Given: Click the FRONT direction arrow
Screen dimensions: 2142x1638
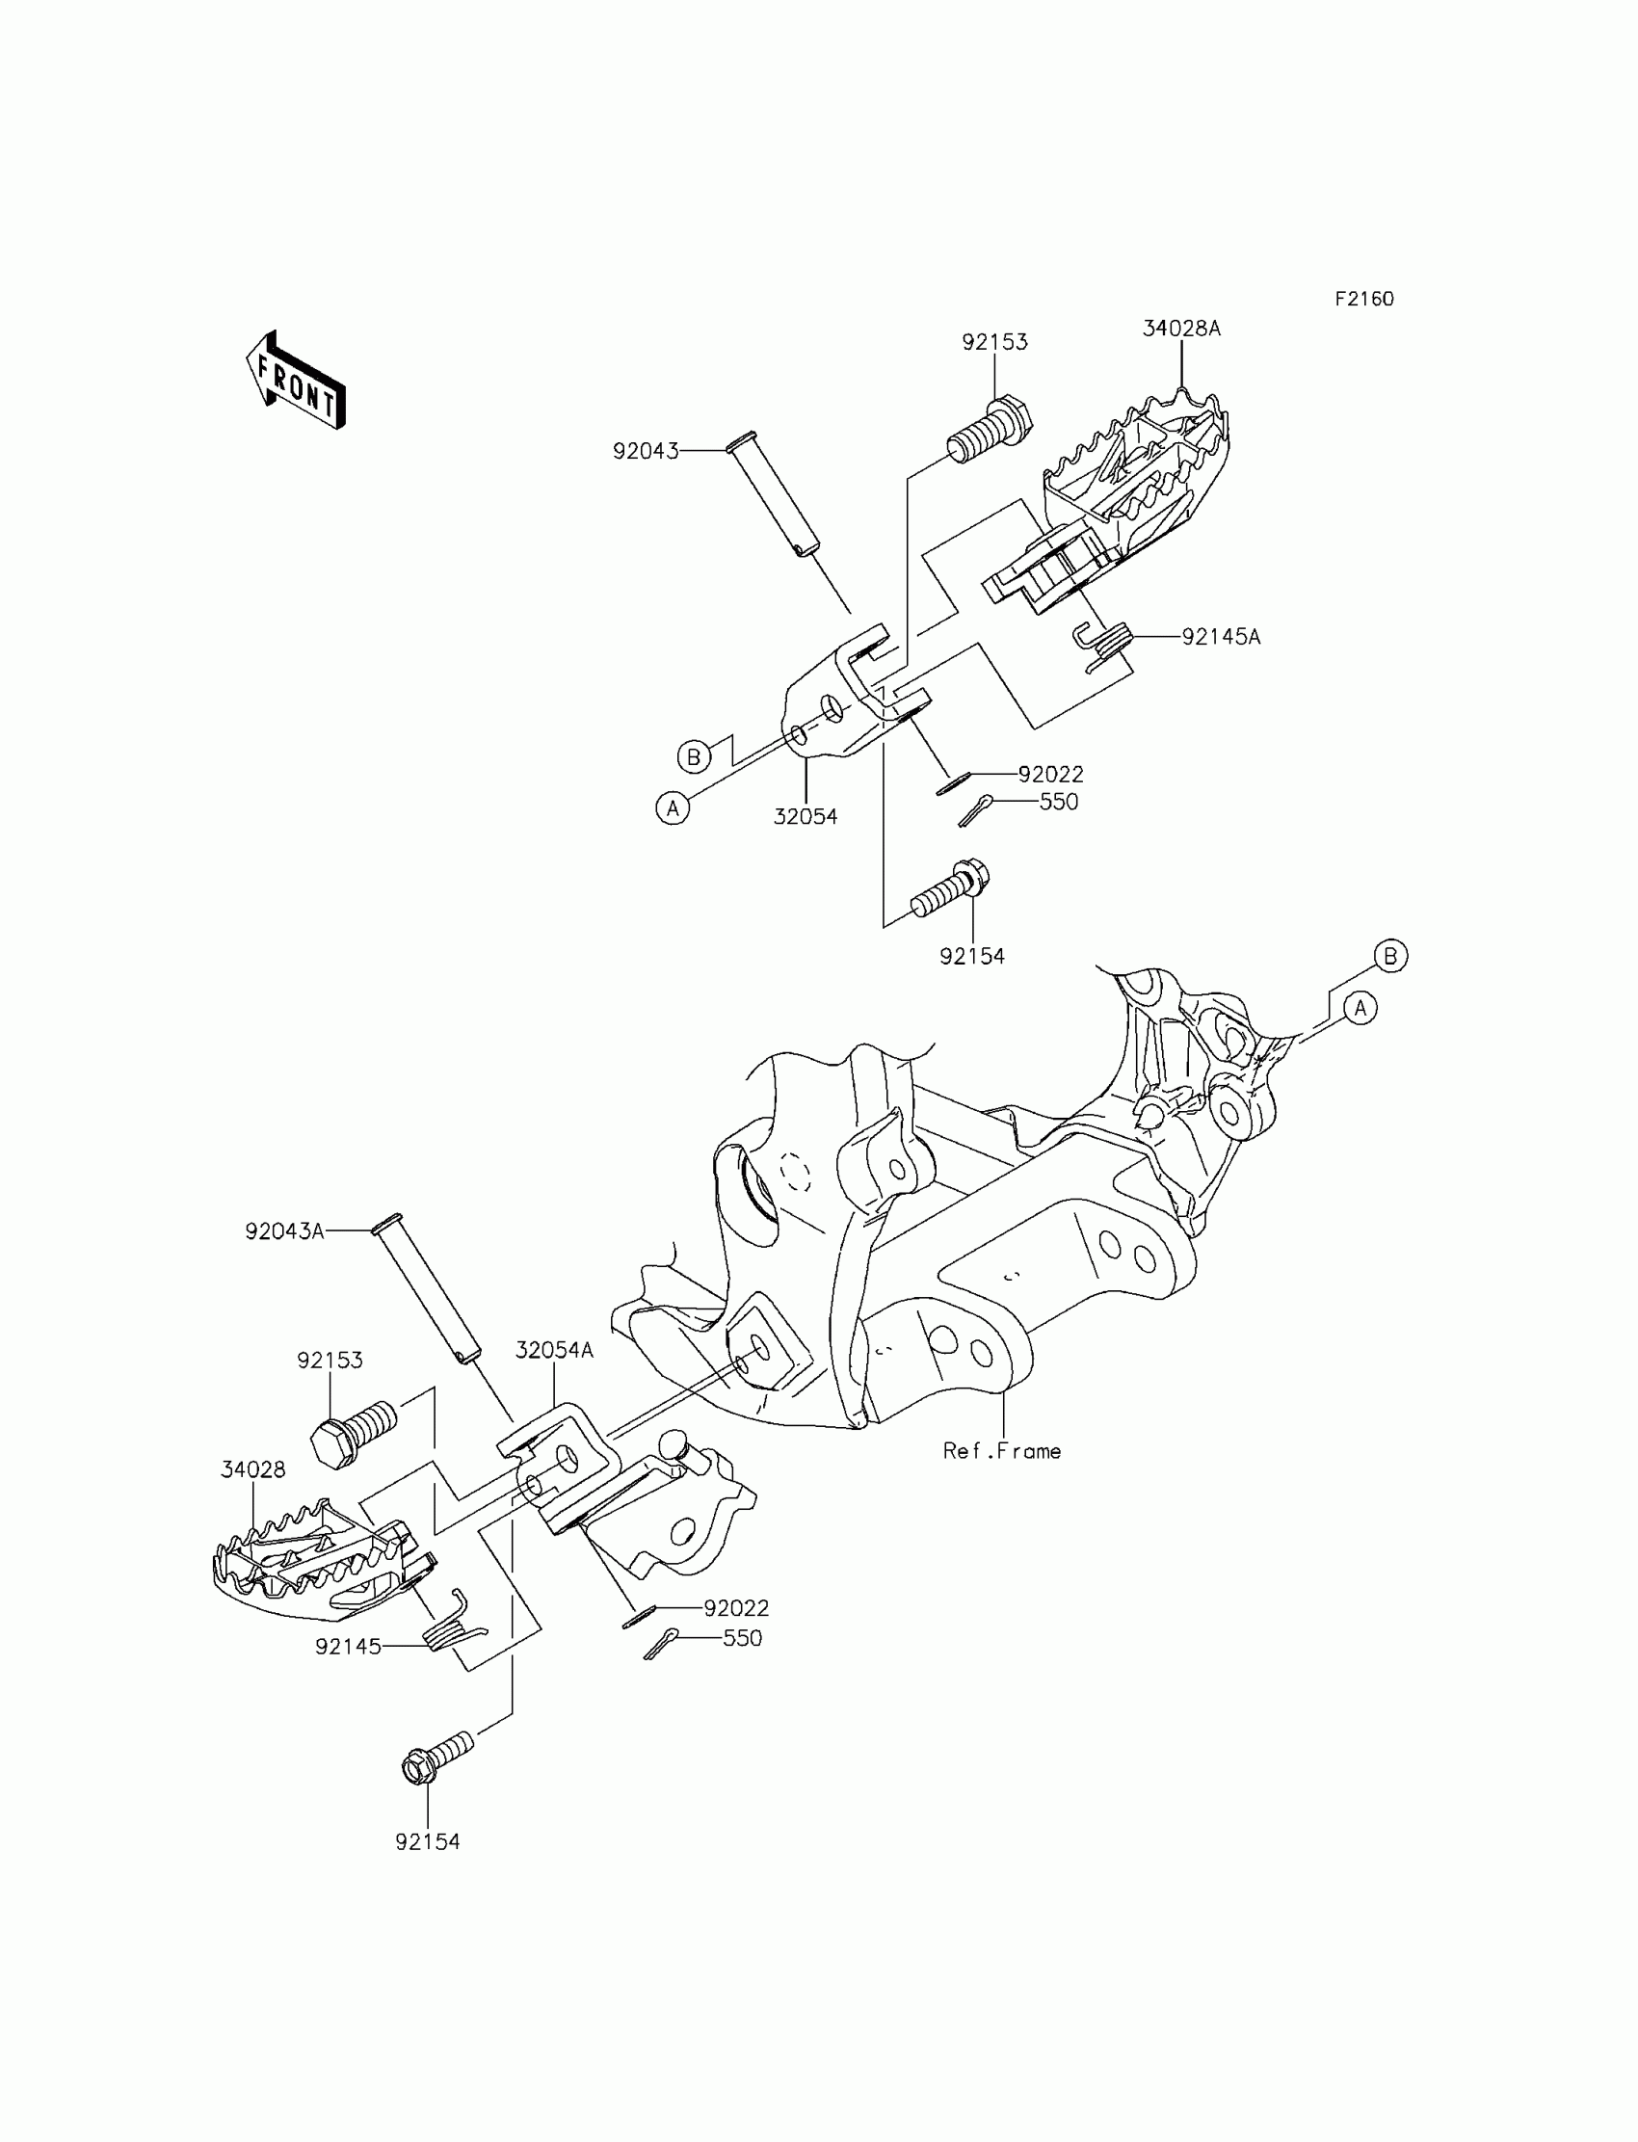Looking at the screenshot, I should click(x=296, y=381).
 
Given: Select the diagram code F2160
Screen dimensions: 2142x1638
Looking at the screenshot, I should click(x=1364, y=300).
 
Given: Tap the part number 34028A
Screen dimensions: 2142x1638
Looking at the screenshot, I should click(x=1180, y=329).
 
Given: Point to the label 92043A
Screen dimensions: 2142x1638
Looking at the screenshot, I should click(x=283, y=1231).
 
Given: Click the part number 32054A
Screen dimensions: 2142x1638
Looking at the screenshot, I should click(x=554, y=1350).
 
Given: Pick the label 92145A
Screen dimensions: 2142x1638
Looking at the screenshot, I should click(x=1221, y=637).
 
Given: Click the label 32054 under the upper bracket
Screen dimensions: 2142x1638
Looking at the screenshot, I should click(x=806, y=817).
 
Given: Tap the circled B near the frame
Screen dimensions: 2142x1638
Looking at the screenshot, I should click(x=1390, y=956).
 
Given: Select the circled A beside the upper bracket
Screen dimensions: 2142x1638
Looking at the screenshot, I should click(x=672, y=807).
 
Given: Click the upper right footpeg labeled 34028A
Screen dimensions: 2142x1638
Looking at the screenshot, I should click(x=1131, y=488).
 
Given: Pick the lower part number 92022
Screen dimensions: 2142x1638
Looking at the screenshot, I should click(x=736, y=1608).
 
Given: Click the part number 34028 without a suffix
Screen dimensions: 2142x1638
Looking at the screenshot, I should click(x=252, y=1469).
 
